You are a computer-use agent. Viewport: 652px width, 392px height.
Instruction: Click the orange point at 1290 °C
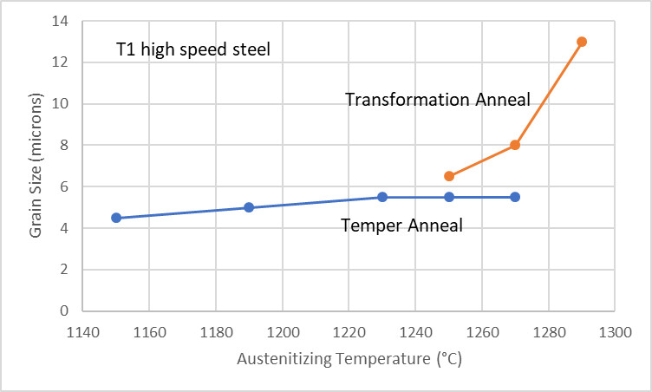click(582, 42)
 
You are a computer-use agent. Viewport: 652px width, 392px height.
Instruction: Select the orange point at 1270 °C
click(515, 145)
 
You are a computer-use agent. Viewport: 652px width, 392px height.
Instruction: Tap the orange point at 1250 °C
click(448, 176)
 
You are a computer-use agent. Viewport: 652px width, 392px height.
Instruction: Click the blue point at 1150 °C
click(116, 218)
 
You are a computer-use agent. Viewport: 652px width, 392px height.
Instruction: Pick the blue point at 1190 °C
click(249, 207)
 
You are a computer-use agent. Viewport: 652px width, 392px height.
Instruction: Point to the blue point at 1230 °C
click(381, 197)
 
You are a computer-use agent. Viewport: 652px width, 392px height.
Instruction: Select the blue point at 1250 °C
click(448, 197)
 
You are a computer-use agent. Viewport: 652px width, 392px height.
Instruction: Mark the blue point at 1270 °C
click(515, 197)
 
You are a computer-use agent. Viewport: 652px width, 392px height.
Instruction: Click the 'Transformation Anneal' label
click(437, 100)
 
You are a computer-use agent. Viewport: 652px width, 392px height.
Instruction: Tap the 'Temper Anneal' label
click(401, 225)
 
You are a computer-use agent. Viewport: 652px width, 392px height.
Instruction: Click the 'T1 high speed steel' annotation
click(193, 49)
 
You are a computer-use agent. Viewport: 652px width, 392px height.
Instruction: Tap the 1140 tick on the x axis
click(83, 330)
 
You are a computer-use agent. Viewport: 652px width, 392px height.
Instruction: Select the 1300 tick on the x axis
click(615, 330)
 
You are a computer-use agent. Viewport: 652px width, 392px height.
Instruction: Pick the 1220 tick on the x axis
click(349, 330)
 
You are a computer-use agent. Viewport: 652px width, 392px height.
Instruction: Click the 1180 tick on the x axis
click(216, 330)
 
